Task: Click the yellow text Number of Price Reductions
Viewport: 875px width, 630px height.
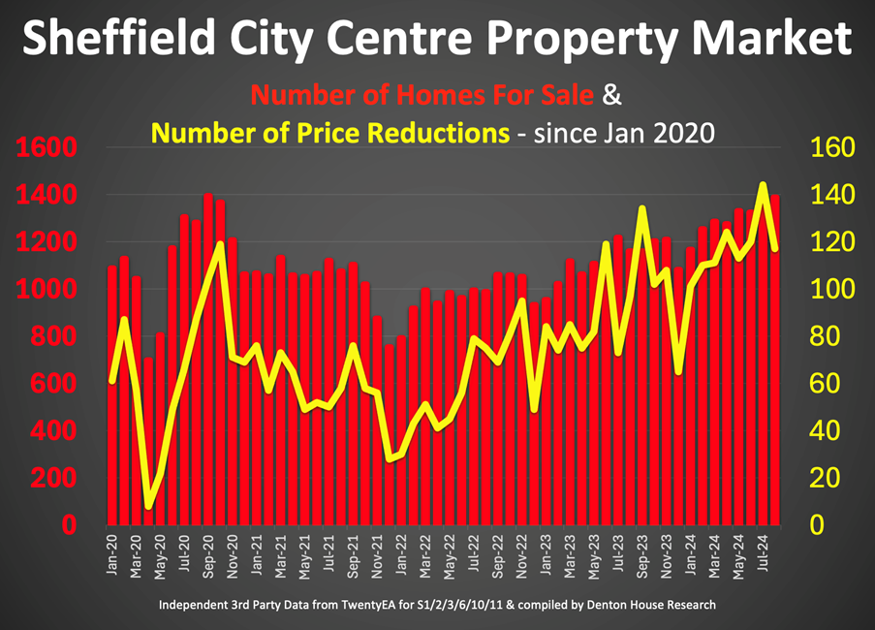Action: [330, 133]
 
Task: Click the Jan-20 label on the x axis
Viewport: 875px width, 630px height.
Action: [112, 554]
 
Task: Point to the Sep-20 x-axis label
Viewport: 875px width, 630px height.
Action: [208, 554]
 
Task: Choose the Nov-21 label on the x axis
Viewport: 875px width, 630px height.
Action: [376, 554]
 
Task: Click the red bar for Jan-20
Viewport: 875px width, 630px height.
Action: [112, 397]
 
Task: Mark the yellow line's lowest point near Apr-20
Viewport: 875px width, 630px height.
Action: [148, 506]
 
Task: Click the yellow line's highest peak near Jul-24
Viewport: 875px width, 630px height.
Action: [763, 184]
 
